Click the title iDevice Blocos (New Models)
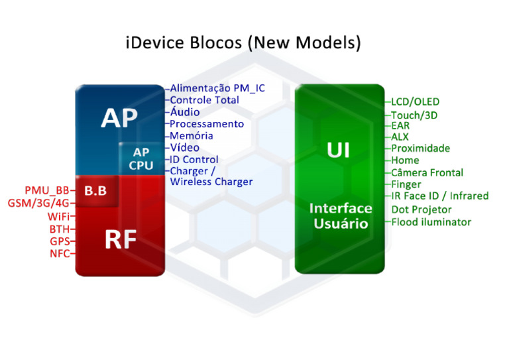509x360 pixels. [243, 44]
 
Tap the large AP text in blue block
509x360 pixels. [119, 118]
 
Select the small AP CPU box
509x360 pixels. [141, 159]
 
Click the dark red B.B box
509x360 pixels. [95, 191]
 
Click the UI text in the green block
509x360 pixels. [339, 150]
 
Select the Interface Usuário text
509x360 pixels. [341, 216]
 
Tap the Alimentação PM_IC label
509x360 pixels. [217, 88]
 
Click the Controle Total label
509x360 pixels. [204, 100]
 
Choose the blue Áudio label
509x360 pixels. [184, 112]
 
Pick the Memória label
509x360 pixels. [192, 136]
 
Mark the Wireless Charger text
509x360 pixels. [211, 182]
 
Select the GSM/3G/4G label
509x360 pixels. [38, 203]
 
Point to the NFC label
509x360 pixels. [59, 253]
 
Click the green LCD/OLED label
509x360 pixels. [415, 102]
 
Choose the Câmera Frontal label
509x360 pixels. [427, 172]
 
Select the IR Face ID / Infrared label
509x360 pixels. [439, 196]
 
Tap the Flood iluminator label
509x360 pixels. [431, 222]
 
